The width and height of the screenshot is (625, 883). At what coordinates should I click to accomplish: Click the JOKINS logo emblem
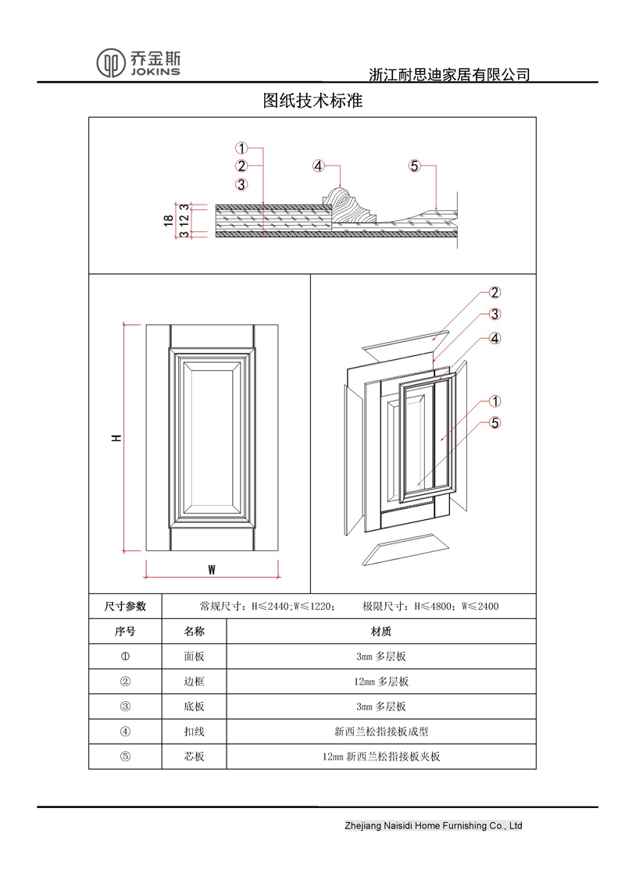pos(111,62)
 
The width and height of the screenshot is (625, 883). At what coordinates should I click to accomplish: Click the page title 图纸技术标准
pos(312,101)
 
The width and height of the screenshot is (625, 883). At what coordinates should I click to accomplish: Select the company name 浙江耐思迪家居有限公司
pos(449,75)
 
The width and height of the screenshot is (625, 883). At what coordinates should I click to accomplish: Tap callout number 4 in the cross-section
pos(318,166)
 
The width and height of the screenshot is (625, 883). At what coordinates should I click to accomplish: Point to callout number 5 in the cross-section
pos(415,166)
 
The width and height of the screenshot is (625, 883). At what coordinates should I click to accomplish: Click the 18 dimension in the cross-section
pos(168,220)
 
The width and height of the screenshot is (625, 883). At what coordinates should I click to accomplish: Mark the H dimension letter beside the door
pos(116,439)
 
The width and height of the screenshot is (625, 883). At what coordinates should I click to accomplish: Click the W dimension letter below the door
pos(211,570)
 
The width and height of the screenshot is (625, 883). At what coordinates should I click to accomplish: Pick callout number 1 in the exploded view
pos(495,401)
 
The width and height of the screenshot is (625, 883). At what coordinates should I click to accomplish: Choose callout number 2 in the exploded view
pos(495,293)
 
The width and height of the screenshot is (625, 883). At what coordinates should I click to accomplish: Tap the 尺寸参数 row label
pos(125,606)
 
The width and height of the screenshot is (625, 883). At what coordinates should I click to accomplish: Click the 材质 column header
pos(380,631)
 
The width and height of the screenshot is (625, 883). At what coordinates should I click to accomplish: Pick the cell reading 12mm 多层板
pos(380,682)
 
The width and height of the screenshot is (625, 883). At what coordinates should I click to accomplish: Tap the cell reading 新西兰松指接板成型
pos(380,732)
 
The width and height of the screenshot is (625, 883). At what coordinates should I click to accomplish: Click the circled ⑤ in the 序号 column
pos(125,757)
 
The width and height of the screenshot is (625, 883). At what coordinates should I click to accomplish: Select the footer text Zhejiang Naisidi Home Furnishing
pos(433,825)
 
